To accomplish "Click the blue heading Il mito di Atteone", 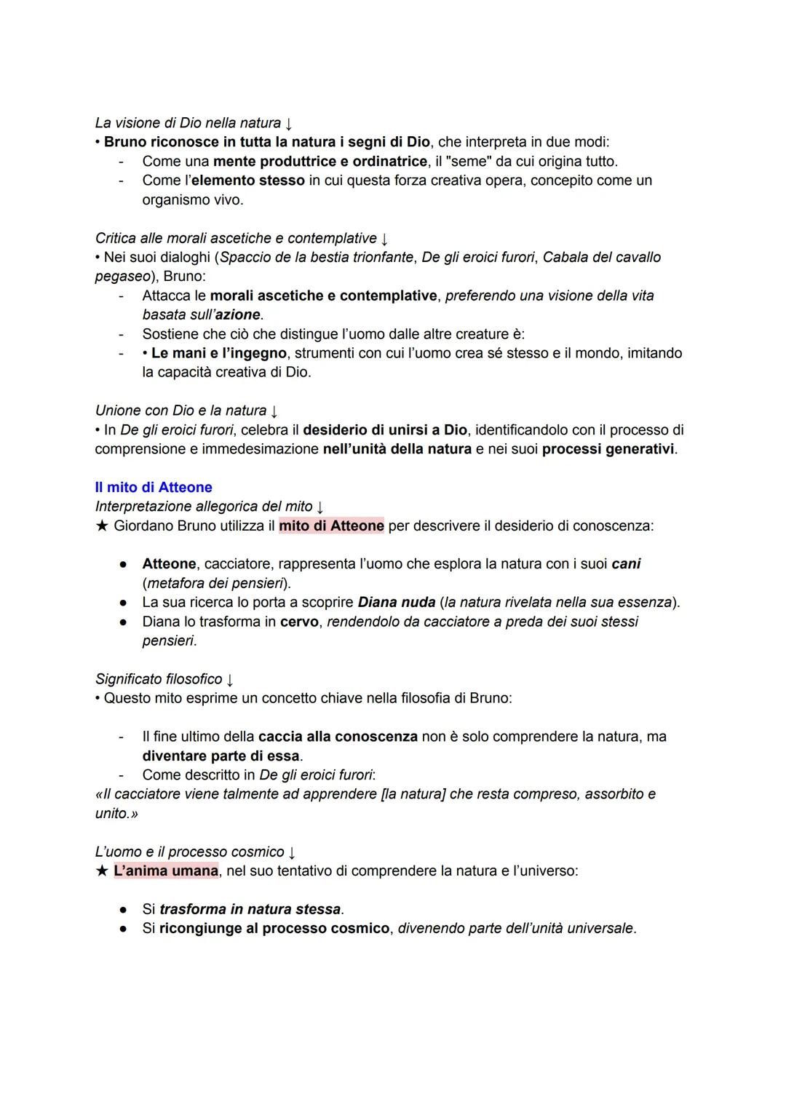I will click(x=154, y=488).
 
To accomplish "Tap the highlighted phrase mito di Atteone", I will click(x=331, y=526).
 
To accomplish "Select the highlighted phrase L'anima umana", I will click(x=166, y=871).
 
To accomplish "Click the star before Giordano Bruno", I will click(x=101, y=526).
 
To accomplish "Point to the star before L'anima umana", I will click(x=101, y=871).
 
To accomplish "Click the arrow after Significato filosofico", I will click(x=230, y=680).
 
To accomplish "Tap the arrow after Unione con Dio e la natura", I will click(x=274, y=411).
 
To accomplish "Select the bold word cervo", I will click(x=299, y=622).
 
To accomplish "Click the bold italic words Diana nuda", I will click(x=397, y=603).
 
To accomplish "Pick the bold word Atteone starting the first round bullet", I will click(x=169, y=564).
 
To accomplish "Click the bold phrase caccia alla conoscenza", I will click(x=338, y=737).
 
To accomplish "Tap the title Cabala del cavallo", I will click(x=602, y=257).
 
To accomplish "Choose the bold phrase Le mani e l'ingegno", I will click(x=219, y=353).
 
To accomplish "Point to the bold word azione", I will click(x=237, y=315).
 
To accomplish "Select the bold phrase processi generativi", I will click(x=608, y=449).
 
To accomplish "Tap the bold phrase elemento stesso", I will click(x=248, y=181).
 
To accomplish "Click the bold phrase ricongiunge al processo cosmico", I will click(x=274, y=929).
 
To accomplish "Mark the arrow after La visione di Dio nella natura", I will click(x=289, y=124).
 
